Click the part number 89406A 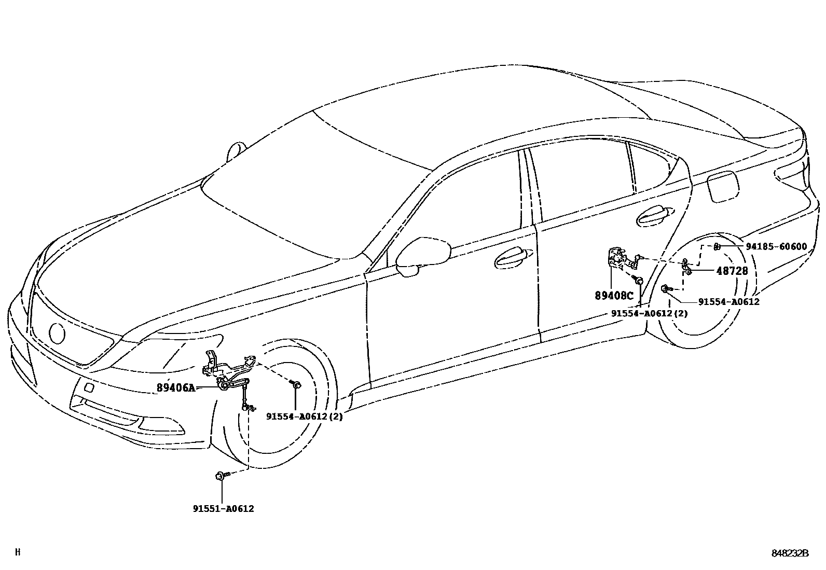point(176,387)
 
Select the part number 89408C point(614,296)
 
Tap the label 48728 point(732,271)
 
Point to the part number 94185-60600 point(777,246)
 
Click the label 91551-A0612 point(223,509)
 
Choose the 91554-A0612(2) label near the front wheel point(305,416)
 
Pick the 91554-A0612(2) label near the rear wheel point(649,313)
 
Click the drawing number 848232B point(790,553)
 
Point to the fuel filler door point(722,187)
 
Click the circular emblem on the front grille point(57,332)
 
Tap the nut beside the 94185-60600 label point(716,246)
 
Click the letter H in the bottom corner point(18,552)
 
